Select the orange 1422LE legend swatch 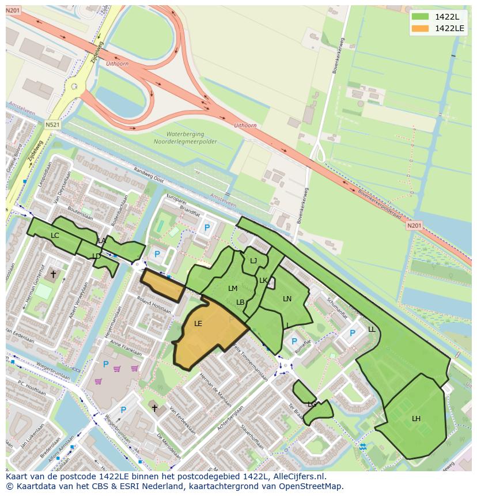421,28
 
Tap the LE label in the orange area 198,324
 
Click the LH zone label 416,419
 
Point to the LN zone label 287,299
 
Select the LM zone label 233,289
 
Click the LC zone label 55,236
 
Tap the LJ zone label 253,261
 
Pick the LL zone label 372,330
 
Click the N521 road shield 52,125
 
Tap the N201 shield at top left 13,11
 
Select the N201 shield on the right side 414,226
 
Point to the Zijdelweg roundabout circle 74,87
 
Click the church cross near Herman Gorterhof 54,275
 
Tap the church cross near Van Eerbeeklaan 154,408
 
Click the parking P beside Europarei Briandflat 207,228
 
